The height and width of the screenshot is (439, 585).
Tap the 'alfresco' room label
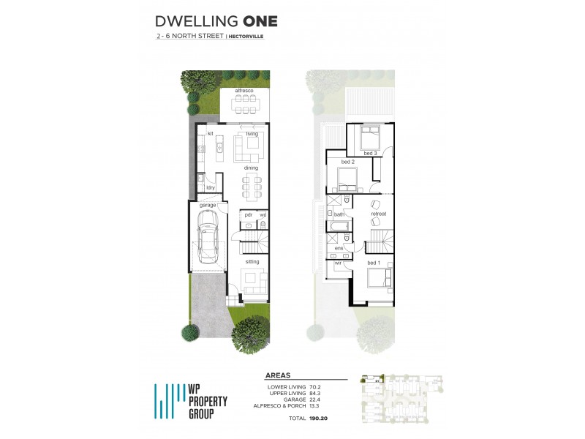tap(244, 90)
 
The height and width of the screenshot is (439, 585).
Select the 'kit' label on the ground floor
tap(209, 134)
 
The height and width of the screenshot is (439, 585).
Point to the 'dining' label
tap(250, 168)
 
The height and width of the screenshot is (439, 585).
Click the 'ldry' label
tap(210, 188)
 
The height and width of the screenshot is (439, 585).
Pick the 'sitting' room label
tap(252, 260)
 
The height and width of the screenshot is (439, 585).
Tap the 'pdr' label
tap(248, 214)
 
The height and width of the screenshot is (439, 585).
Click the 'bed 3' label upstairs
tap(370, 153)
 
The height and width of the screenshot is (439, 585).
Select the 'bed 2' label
tap(348, 161)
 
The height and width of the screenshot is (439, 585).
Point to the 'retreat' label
tap(378, 214)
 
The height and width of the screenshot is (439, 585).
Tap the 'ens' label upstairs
tap(339, 248)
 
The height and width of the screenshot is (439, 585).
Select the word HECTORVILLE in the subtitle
tap(246, 35)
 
